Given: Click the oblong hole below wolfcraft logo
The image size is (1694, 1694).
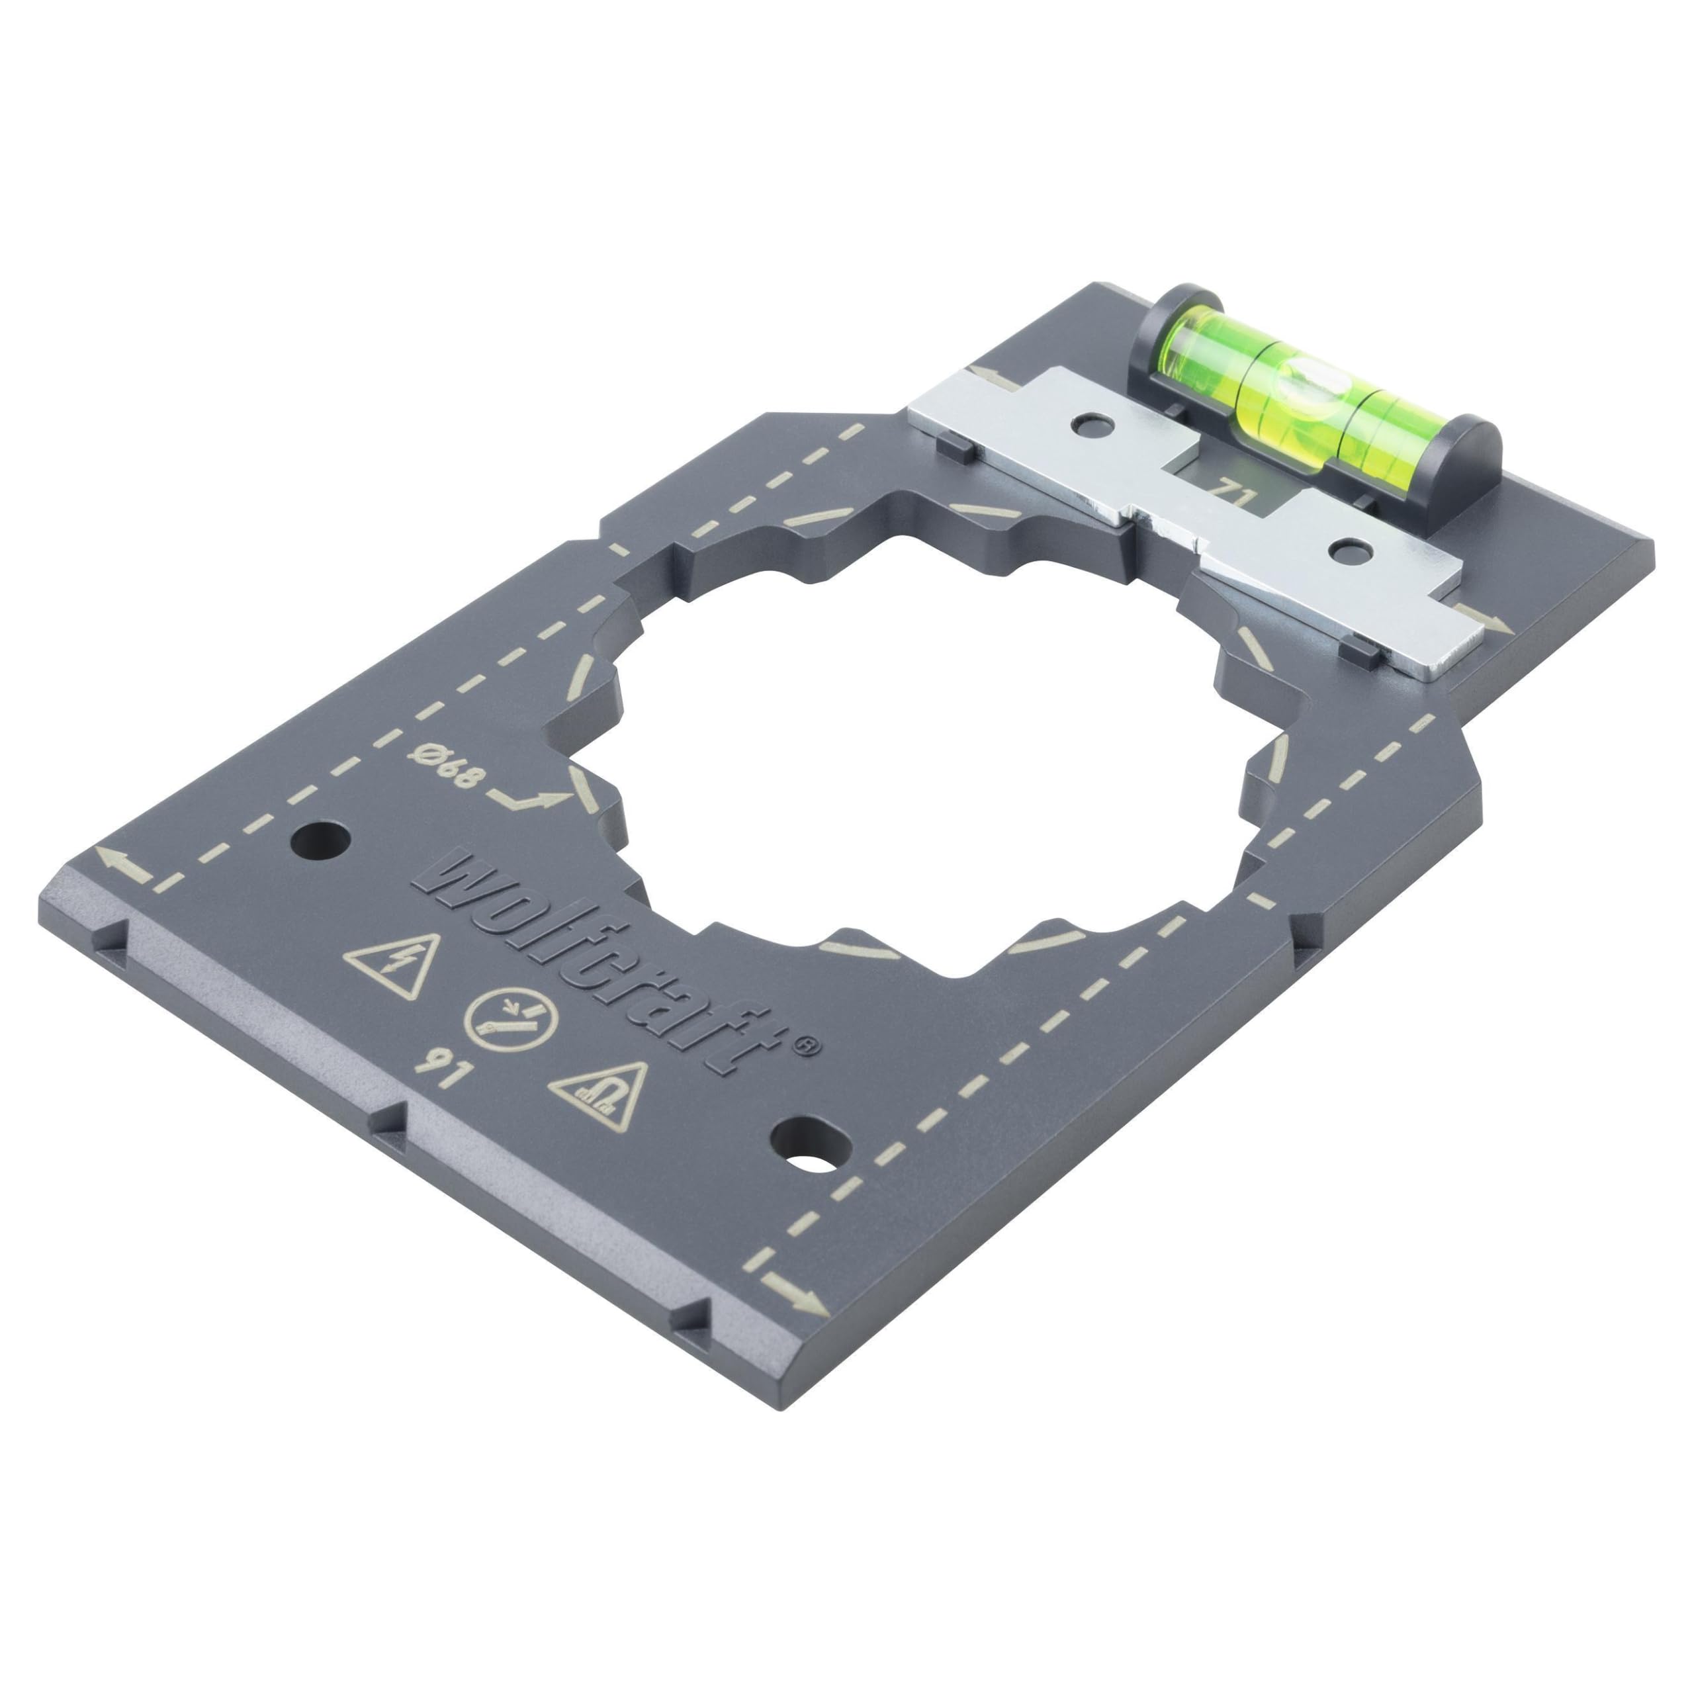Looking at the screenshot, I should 811,1144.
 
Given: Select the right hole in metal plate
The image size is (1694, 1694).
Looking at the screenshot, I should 1351,550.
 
